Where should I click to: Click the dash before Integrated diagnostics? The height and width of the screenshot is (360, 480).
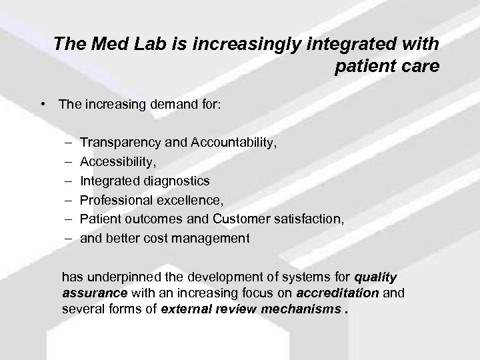tap(70, 181)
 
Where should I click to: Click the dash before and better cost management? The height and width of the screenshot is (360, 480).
tap(70, 238)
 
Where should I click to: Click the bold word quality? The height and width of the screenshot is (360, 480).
tap(375, 277)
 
